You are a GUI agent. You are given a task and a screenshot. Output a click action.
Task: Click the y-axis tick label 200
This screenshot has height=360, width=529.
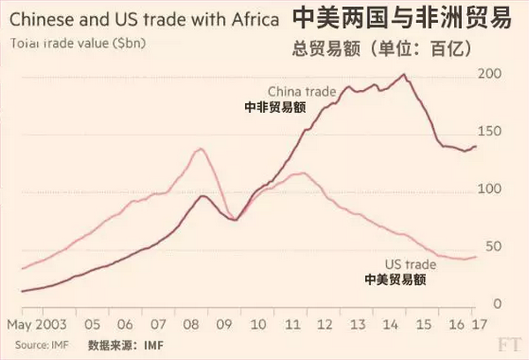click(489, 73)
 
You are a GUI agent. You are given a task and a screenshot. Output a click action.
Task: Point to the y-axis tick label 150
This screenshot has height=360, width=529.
click(489, 131)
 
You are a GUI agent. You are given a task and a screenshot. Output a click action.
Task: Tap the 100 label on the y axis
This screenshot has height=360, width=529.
click(489, 189)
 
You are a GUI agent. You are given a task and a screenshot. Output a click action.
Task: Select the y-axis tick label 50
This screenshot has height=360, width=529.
click(494, 246)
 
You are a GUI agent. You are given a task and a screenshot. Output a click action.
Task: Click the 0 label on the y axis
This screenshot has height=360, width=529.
click(497, 304)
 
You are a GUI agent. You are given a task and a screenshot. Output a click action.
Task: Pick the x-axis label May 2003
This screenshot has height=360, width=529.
click(37, 325)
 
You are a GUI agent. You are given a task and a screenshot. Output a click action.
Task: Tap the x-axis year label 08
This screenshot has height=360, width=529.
click(191, 325)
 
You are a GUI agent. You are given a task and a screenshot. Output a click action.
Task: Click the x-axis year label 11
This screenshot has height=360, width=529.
click(292, 325)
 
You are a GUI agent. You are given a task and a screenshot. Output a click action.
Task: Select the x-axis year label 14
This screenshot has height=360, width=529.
click(391, 325)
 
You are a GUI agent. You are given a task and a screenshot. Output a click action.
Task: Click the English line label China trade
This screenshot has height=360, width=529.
click(302, 92)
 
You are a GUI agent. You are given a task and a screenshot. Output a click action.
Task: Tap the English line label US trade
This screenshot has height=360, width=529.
click(411, 264)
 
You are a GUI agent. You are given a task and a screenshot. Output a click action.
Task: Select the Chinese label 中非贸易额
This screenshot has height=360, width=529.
click(275, 108)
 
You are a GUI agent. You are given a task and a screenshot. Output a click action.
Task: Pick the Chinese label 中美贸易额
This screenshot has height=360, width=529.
click(395, 280)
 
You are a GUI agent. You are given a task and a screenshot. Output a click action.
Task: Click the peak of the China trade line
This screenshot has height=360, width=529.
click(404, 74)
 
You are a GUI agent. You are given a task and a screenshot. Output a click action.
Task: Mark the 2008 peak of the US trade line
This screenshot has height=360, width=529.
click(201, 148)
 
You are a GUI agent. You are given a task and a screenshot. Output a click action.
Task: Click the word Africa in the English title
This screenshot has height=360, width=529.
click(255, 19)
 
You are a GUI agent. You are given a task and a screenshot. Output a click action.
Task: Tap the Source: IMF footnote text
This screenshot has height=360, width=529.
click(41, 345)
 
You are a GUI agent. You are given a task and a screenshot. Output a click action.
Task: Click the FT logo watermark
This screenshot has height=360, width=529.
click(509, 345)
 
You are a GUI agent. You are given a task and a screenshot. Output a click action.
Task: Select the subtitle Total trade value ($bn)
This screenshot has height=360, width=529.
click(78, 43)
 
